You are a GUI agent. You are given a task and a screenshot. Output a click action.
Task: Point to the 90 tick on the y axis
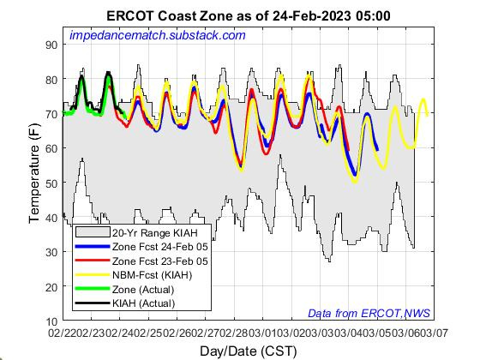click(50, 45)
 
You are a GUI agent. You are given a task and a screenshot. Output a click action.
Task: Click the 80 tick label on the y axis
click(50, 79)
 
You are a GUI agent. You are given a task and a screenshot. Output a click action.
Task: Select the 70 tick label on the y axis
click(50, 113)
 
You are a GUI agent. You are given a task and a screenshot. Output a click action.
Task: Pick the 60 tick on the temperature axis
click(50, 148)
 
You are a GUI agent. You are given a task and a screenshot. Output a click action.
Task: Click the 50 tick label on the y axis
click(50, 183)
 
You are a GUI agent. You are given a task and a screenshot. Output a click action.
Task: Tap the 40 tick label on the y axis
click(50, 217)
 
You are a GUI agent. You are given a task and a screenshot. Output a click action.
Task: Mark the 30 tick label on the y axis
click(50, 251)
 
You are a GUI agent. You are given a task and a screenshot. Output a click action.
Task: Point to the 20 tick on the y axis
click(50, 286)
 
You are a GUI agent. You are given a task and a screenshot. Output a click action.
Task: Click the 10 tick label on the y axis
click(50, 321)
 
